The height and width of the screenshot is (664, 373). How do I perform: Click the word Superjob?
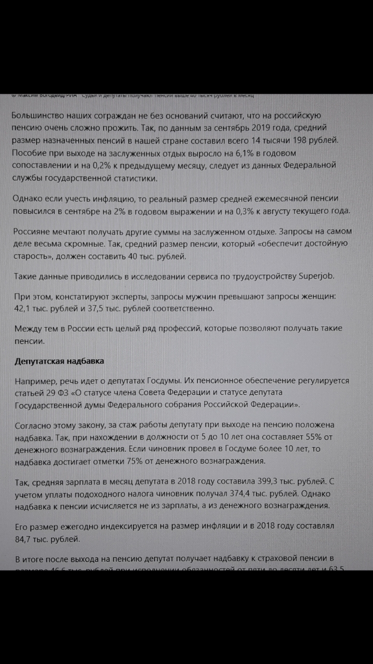[x=317, y=275]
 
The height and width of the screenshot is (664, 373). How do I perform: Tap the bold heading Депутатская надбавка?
[x=59, y=361]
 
